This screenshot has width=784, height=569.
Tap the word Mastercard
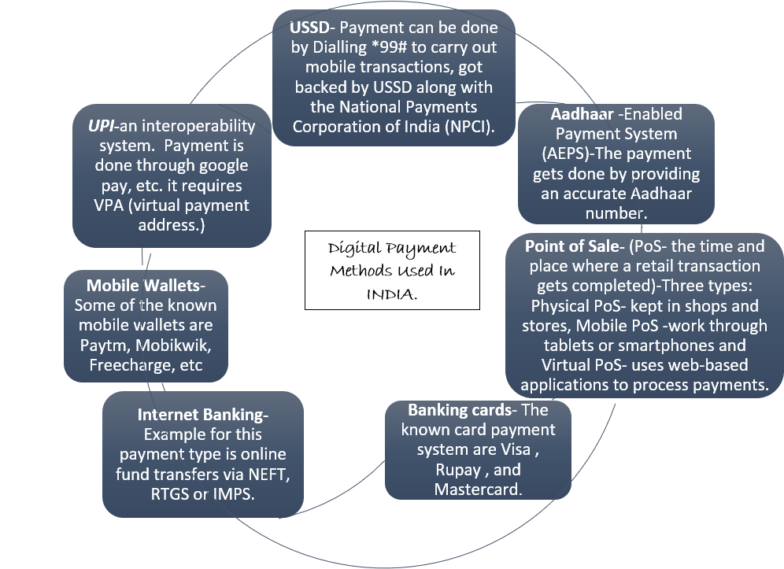coord(478,490)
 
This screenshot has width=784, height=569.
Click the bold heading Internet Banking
coord(202,415)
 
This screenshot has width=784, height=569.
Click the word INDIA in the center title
coord(391,293)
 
